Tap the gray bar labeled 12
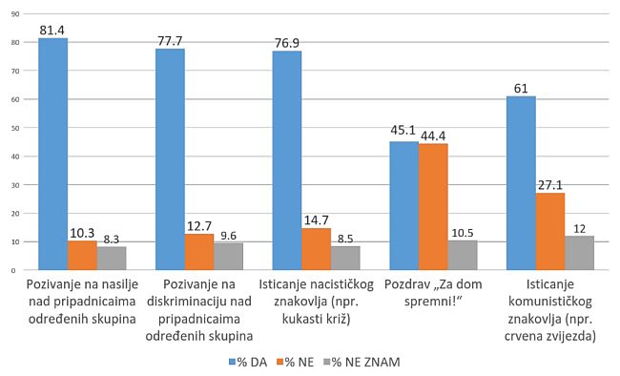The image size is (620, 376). coord(579,253)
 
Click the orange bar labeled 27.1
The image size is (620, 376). coord(550,232)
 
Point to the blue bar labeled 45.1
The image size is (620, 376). coord(403,206)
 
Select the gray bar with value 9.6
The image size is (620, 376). coord(228,257)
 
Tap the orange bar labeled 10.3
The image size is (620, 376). coord(82,256)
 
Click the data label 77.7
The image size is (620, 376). coord(170,41)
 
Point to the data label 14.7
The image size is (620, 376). coord(317,220)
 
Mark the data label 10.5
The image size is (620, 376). coord(463,232)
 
